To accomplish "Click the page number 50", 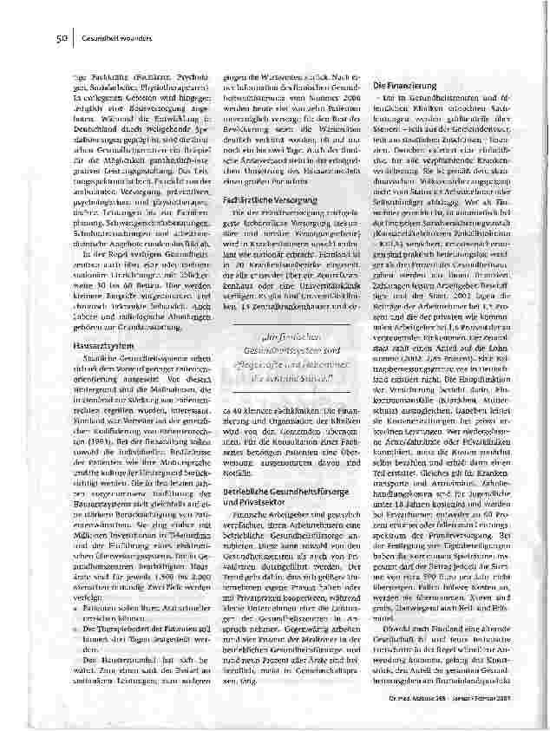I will pyautogui.click(x=62, y=38).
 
